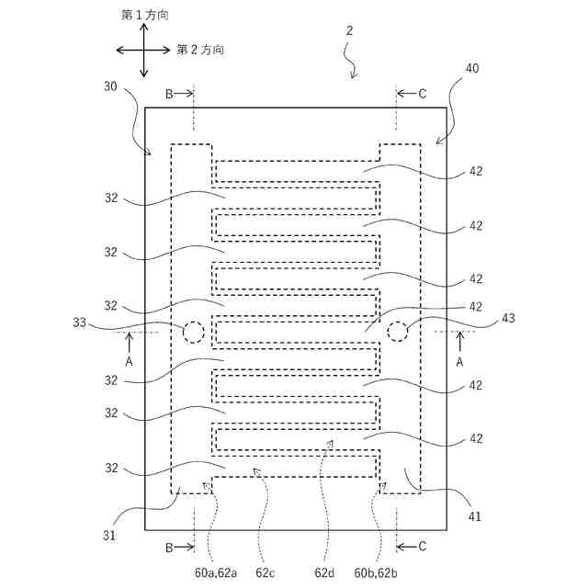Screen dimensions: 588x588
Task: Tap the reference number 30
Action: pyautogui.click(x=110, y=86)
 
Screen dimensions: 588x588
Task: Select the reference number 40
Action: pyautogui.click(x=472, y=68)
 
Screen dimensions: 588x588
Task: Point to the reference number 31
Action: pyautogui.click(x=109, y=536)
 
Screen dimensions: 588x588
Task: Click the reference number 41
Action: pyautogui.click(x=474, y=516)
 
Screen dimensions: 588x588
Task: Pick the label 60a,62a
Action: pyautogui.click(x=216, y=572)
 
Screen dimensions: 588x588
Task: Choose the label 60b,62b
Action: pyautogui.click(x=376, y=572)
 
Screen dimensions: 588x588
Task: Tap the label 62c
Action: pyautogui.click(x=266, y=572)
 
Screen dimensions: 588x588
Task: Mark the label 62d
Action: pyautogui.click(x=324, y=572)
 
